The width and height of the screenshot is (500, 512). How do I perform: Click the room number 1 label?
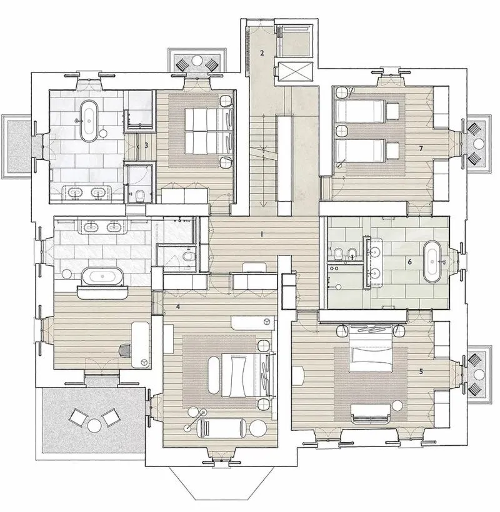tap(261, 234)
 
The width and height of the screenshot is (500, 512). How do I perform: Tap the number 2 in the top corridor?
tap(262, 53)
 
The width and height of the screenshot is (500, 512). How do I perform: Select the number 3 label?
tap(146, 145)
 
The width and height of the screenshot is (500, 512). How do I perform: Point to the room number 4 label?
tap(177, 307)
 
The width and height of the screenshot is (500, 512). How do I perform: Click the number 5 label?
tap(421, 372)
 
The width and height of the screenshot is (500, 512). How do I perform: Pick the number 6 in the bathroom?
tap(409, 262)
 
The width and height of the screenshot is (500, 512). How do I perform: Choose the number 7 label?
tap(421, 149)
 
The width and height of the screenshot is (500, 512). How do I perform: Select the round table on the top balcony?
tap(197, 61)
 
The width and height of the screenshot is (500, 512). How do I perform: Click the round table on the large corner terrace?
tap(94, 425)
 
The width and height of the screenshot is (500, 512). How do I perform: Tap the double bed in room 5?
tap(371, 350)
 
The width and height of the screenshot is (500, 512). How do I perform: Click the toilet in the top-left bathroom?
tap(141, 195)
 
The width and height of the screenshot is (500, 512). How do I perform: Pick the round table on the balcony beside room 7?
tap(478, 144)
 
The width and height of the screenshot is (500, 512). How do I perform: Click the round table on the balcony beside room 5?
tap(478, 375)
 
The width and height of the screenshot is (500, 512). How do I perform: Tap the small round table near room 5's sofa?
tap(397, 406)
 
